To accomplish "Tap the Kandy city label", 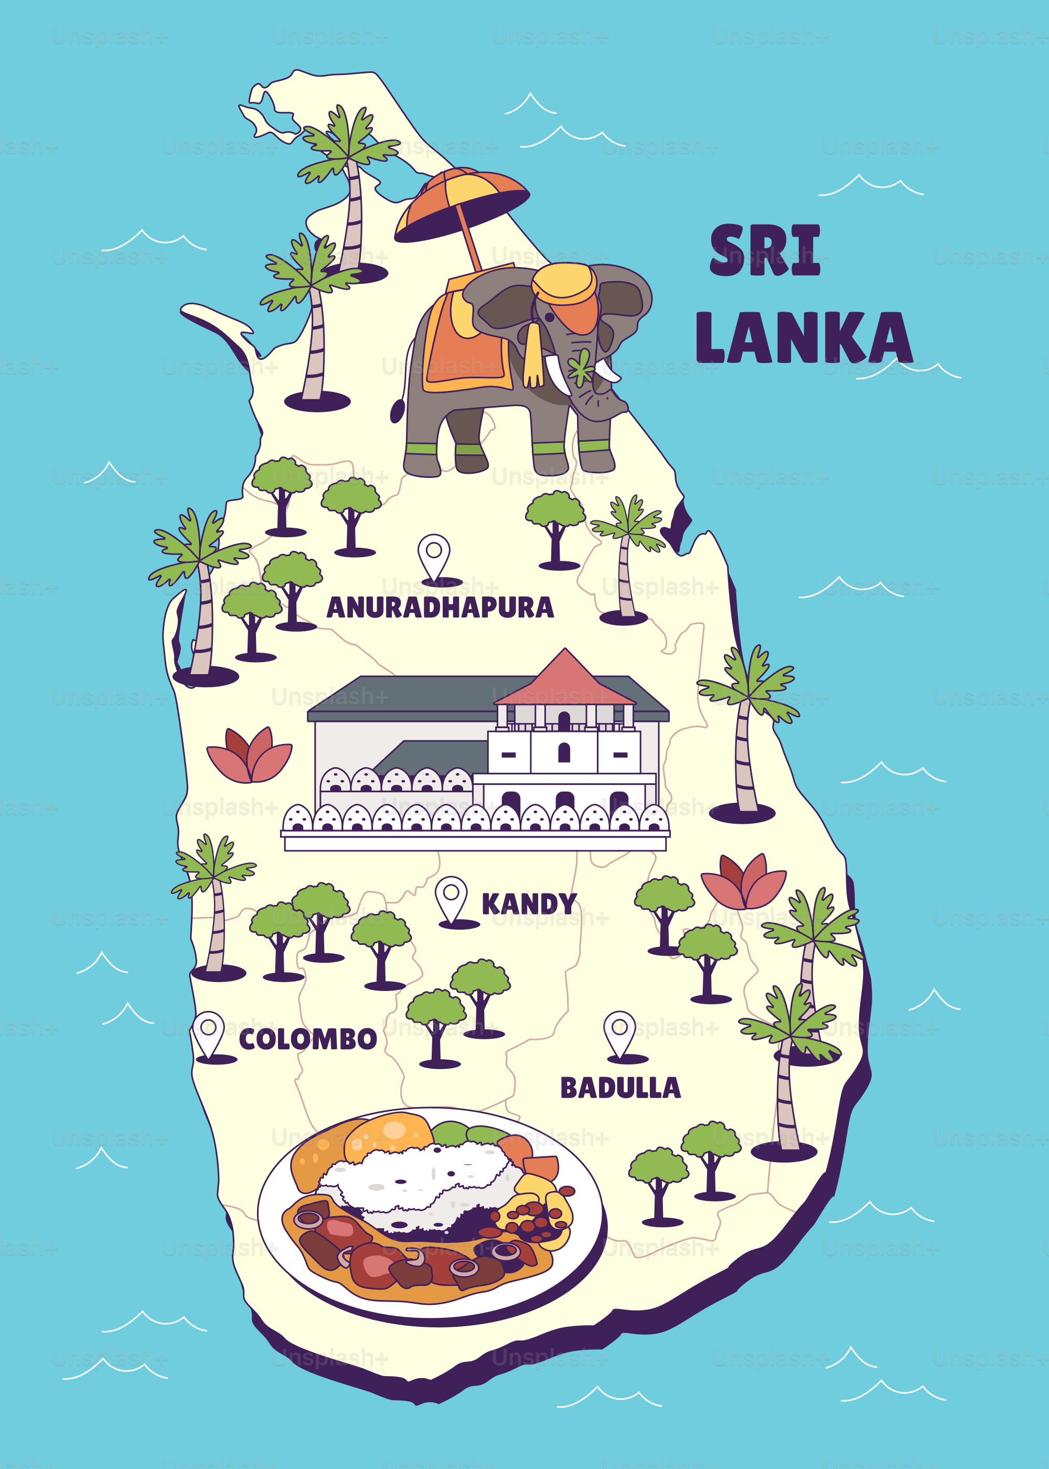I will (529, 904).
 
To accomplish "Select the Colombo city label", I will (307, 1039).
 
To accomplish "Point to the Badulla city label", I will (620, 1088).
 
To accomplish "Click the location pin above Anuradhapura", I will (434, 555).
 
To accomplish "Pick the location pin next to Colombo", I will (209, 1033).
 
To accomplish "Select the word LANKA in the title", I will (804, 338).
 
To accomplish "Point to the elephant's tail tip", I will (397, 411).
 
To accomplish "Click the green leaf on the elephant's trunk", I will (581, 368).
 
